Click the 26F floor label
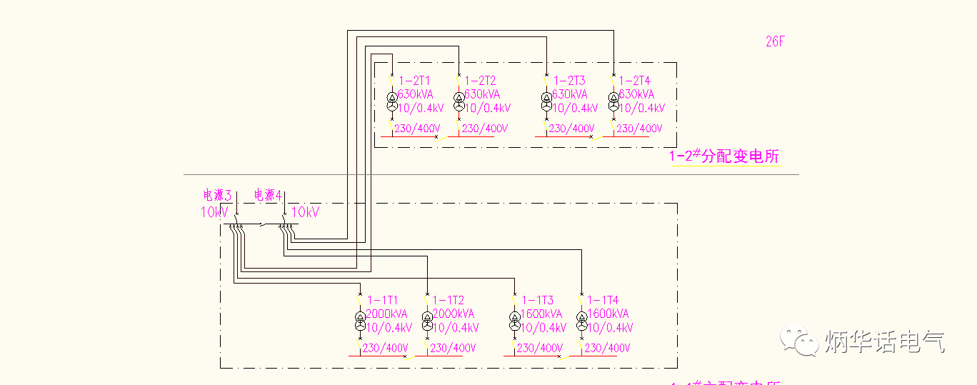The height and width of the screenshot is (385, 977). coord(775,41)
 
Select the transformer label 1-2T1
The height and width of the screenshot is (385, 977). coord(414,81)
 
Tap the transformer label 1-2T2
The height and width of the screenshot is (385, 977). coord(480,81)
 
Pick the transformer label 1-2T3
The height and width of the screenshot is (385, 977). coord(568,81)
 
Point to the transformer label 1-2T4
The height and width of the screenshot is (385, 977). coord(635,81)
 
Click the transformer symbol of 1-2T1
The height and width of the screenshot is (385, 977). coord(391,101)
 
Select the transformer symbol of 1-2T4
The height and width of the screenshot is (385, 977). coord(613,101)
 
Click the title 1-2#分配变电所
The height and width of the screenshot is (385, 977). coord(723,156)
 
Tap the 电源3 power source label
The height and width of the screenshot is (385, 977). coord(218,195)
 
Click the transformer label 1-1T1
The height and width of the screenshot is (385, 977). coord(383,301)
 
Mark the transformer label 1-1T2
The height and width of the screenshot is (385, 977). coord(449,301)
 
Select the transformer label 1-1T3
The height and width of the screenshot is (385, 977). coord(537,301)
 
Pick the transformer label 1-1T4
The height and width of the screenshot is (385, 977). coord(603,301)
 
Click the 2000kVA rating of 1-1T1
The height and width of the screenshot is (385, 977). coord(386,314)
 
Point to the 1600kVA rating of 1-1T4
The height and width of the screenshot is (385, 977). coord(608,314)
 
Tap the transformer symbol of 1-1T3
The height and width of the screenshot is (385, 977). coord(514,321)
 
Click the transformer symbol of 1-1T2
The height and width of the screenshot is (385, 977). coord(427,321)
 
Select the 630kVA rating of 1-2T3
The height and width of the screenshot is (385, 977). coord(569,94)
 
